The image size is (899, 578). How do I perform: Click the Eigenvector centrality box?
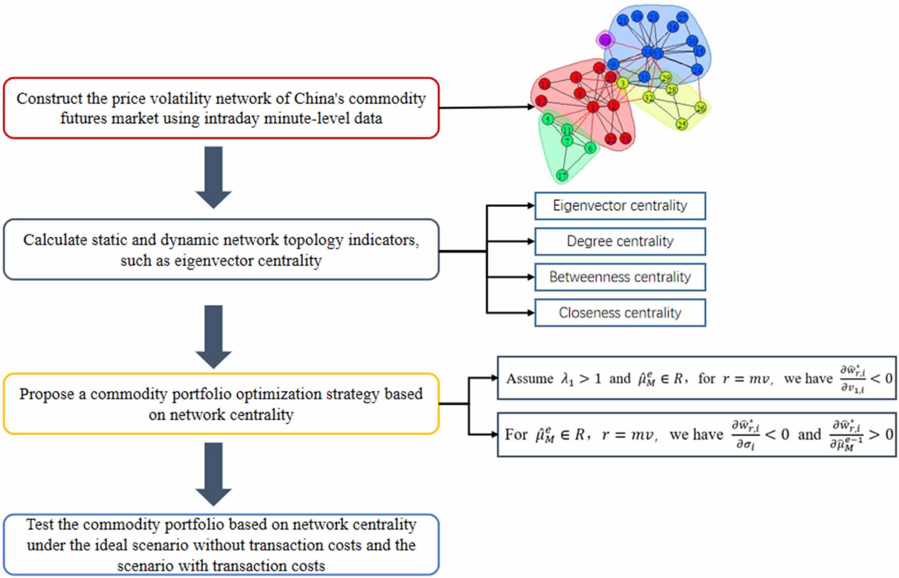tap(620, 206)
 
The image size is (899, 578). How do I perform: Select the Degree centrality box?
tap(620, 241)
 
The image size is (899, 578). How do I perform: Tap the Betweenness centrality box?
tap(620, 277)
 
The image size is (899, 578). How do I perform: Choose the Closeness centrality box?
tap(620, 313)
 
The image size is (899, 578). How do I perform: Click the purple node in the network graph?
tap(605, 40)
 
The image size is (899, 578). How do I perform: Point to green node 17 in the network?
tap(562, 175)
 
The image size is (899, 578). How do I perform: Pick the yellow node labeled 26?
tap(700, 108)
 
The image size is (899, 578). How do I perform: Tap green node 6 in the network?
tap(590, 148)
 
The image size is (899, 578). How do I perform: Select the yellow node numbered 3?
tap(622, 83)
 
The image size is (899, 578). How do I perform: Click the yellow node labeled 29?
tap(666, 78)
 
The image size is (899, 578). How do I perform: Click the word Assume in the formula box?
tap(529, 378)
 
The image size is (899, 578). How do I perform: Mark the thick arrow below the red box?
tap(214, 177)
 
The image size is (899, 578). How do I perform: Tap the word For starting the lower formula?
tap(516, 434)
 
